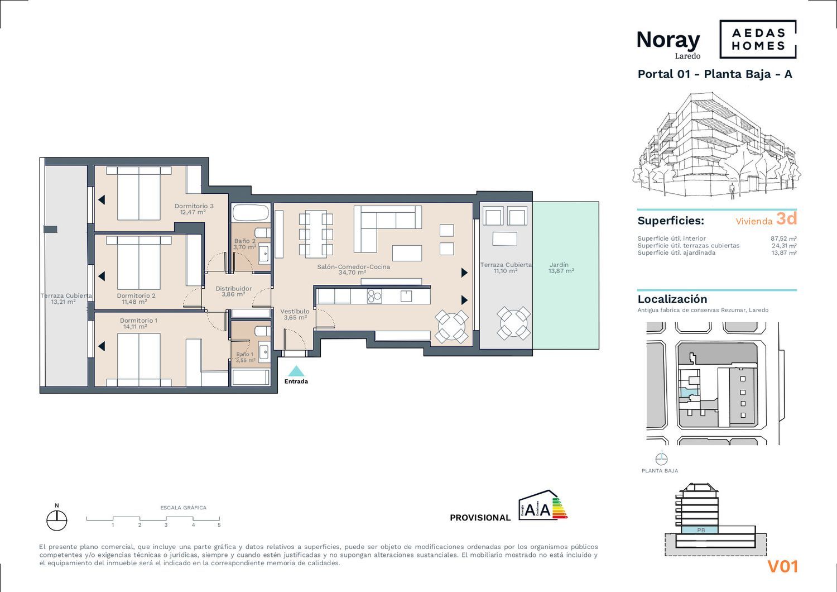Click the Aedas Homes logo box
pos(758,39)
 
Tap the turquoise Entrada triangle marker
pos(296,371)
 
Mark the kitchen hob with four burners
pos(374,296)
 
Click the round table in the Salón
pos(451,326)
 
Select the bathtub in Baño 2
pos(251,213)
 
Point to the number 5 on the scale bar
pos(219,525)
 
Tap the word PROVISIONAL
pos(480,518)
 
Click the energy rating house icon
pos(542,505)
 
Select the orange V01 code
pos(783,566)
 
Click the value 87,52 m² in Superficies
pos(783,238)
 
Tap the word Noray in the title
pos(668,40)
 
